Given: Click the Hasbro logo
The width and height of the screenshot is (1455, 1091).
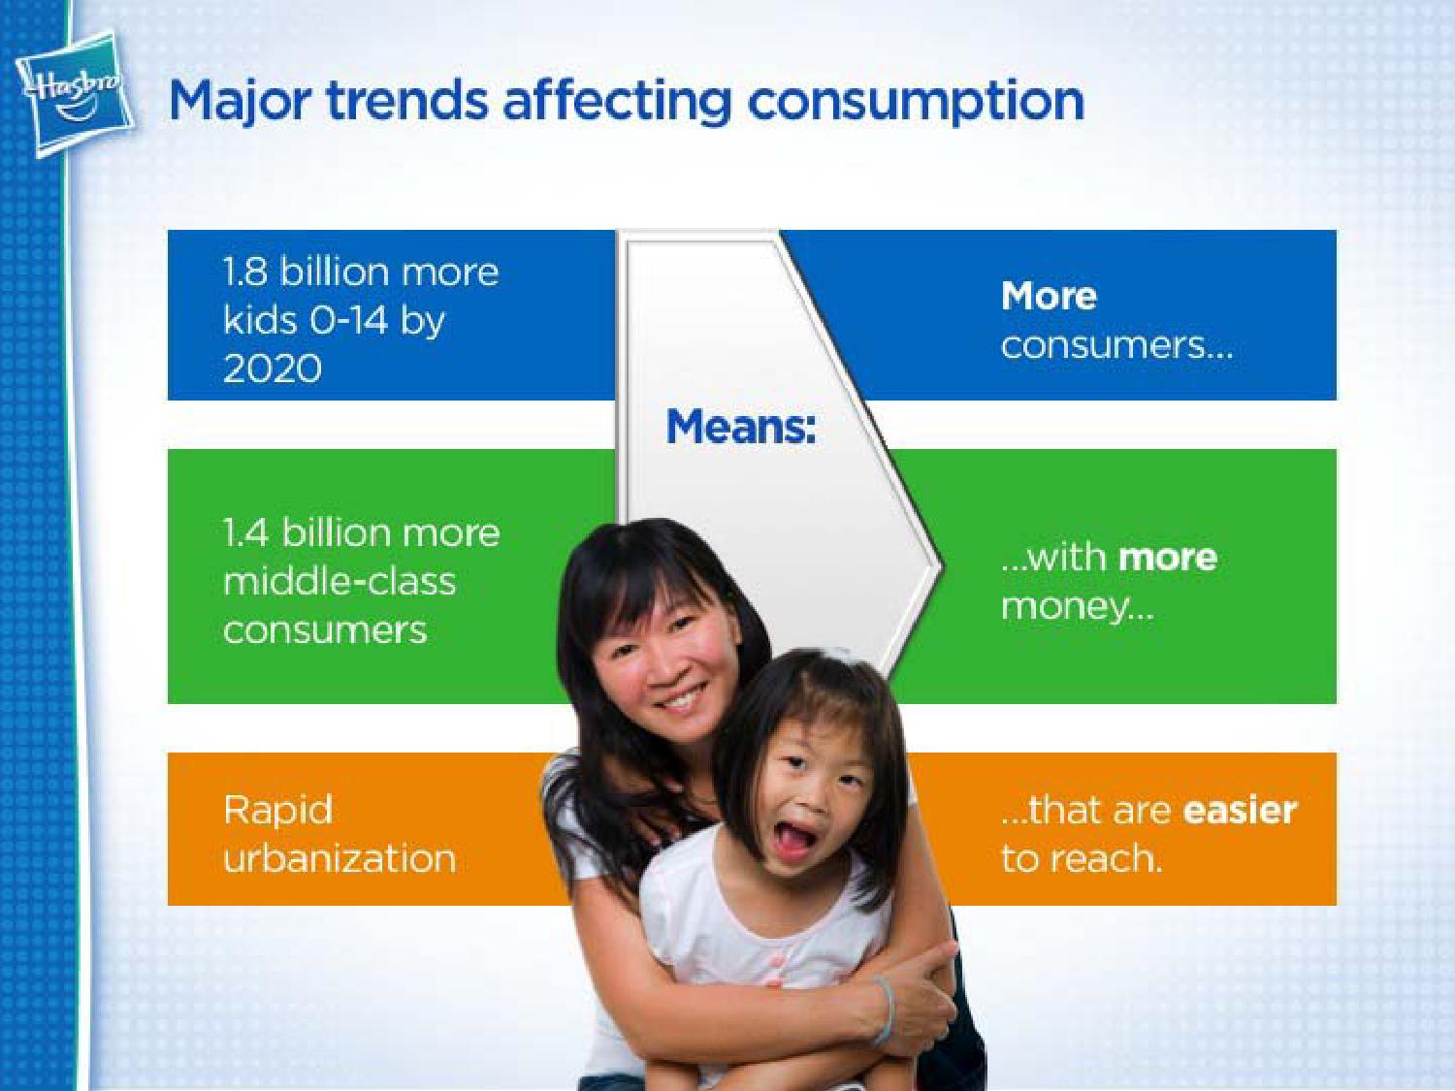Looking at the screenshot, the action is [x=75, y=95].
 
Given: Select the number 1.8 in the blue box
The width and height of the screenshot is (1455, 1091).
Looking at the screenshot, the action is [x=245, y=273].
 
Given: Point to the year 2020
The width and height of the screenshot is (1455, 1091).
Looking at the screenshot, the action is [x=273, y=369].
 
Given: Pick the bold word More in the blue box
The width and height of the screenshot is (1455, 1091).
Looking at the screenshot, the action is [x=1049, y=296].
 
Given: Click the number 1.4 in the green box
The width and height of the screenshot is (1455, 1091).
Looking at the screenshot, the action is [x=246, y=533].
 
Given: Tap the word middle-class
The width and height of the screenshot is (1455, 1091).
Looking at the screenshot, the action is [x=339, y=582].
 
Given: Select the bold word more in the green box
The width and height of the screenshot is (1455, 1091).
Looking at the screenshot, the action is [x=1167, y=558].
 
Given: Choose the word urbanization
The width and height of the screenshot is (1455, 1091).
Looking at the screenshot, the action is [x=339, y=858].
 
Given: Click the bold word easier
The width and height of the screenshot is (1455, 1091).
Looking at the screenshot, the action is [x=1240, y=811].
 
